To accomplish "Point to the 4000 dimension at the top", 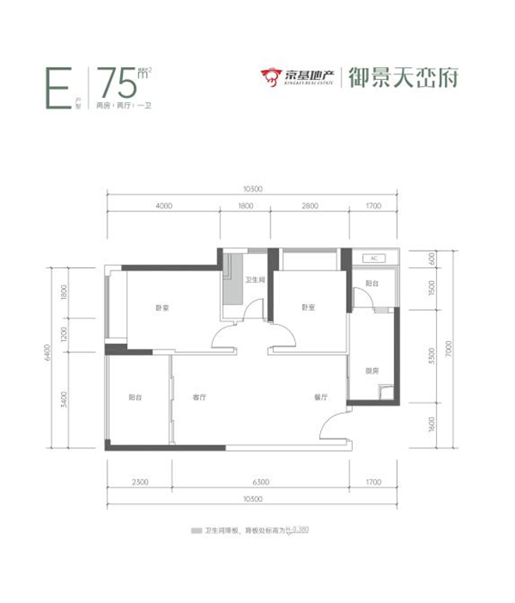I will tap(164, 206).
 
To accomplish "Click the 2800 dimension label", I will tap(310, 206).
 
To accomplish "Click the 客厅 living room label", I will tap(200, 398).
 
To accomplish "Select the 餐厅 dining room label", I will tap(323, 398).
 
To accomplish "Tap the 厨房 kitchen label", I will tap(371, 371).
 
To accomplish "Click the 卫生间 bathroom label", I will tap(254, 281).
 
